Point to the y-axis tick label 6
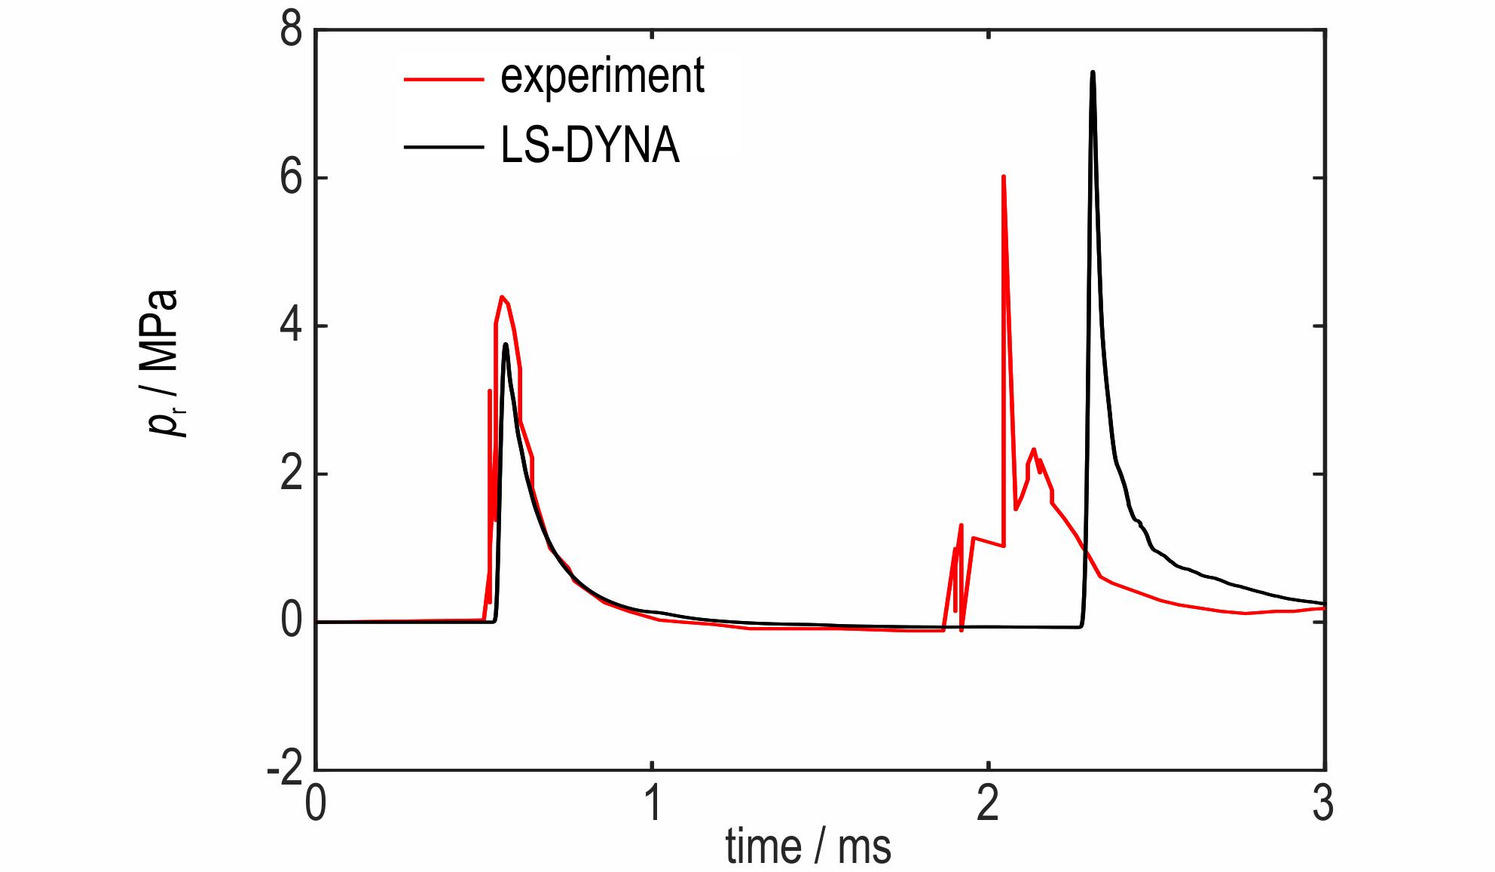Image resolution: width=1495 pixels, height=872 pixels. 291,179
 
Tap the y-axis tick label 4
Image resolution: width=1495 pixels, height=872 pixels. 291,326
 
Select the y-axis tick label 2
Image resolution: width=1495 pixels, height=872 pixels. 291,475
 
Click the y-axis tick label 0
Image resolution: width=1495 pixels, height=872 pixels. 291,622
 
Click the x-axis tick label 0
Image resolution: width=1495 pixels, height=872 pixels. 316,804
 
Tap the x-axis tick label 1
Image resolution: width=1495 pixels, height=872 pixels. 653,804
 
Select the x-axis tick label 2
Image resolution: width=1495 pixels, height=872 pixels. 988,804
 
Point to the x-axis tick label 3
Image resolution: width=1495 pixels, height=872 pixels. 1323,804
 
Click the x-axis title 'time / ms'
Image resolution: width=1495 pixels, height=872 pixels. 808,847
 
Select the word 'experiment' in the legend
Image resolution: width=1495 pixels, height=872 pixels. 602,76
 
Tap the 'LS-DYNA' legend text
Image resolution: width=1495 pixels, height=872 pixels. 590,145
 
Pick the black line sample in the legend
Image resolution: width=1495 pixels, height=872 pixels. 443,145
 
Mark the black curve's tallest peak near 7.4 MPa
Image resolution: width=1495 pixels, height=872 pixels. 1093,72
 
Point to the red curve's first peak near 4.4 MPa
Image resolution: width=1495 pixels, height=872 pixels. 501,297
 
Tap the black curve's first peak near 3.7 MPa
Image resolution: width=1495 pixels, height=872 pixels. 506,344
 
